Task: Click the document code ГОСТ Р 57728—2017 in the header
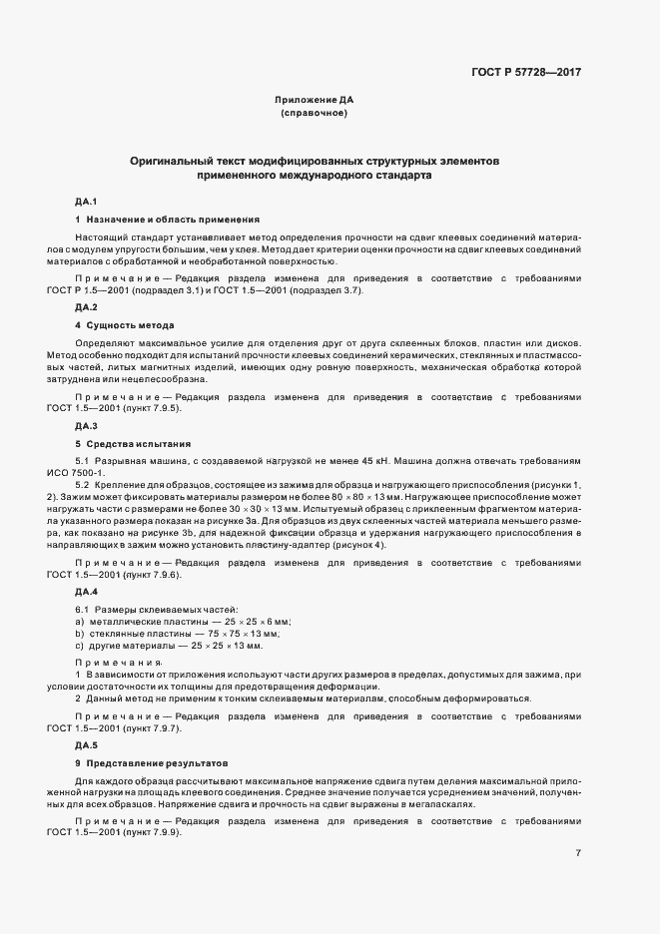tap(525, 72)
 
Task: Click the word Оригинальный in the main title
tap(173, 160)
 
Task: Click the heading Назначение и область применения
tap(173, 218)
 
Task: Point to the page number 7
tap(579, 853)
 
